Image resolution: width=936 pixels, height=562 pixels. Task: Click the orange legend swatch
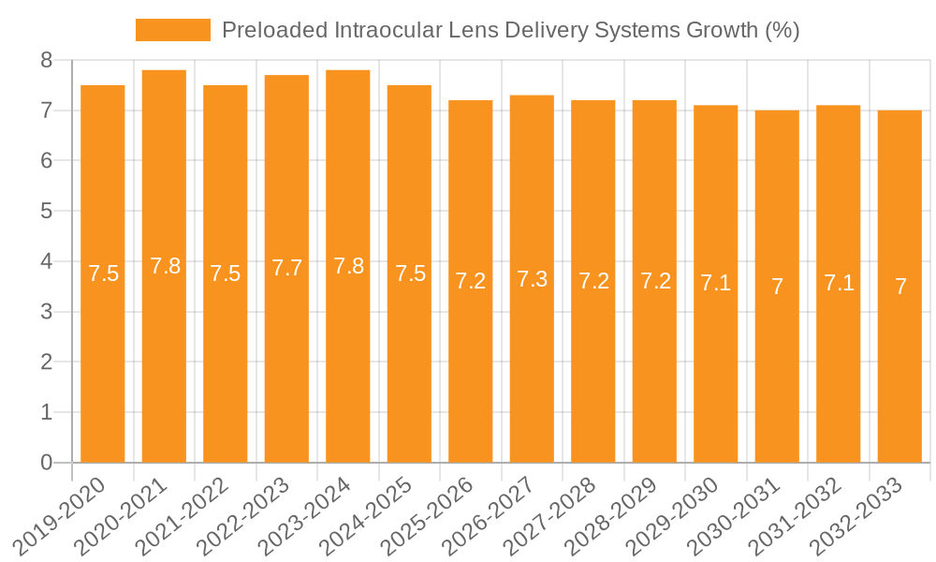pos(173,30)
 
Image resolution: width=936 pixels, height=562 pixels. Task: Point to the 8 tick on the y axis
pos(46,61)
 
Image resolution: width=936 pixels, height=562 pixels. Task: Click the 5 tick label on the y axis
pos(46,212)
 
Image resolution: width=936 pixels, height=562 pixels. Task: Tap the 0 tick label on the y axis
pos(46,463)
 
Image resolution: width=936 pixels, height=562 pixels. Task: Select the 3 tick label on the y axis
pos(46,312)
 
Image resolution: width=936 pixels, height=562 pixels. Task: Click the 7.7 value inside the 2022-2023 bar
pos(286,268)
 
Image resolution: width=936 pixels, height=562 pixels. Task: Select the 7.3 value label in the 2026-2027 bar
pos(532,279)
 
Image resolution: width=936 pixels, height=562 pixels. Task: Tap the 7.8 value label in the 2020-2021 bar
pos(165,266)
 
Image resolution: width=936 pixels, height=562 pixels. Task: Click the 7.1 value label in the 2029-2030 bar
pos(715,284)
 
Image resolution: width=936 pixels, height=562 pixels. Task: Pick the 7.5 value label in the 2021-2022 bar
pos(226,274)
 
